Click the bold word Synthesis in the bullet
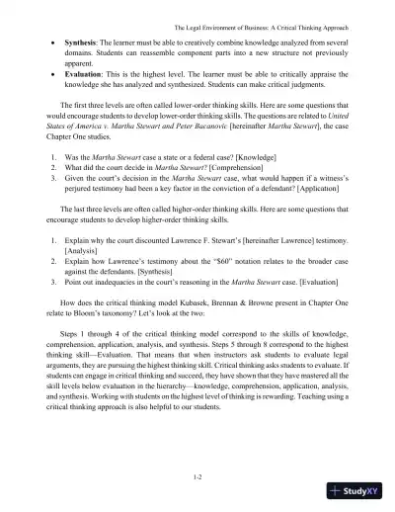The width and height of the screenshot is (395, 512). click(83, 45)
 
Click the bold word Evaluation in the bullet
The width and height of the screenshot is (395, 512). click(85, 73)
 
